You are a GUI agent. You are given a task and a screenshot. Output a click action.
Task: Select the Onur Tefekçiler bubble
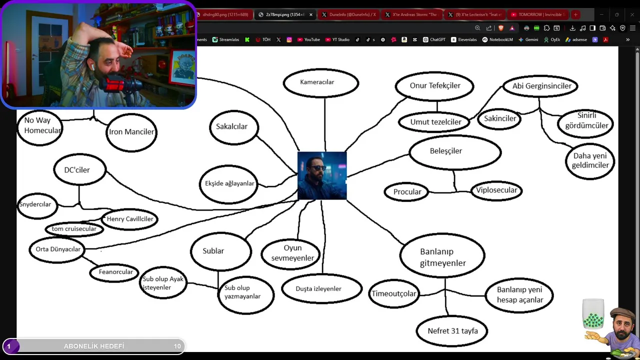tap(434, 85)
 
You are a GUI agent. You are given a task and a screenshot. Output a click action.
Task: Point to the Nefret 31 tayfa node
tap(452, 331)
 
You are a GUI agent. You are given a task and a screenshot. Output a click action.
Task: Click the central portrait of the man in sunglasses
tap(322, 175)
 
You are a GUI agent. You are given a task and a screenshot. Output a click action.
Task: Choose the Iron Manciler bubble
tap(131, 132)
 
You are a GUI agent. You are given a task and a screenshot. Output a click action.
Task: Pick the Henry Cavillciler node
tap(130, 219)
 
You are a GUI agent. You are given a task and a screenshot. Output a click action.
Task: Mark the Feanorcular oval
tap(115, 272)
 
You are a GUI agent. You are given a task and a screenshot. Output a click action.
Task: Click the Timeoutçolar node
tap(393, 293)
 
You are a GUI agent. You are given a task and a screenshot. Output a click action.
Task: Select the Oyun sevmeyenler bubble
tap(292, 253)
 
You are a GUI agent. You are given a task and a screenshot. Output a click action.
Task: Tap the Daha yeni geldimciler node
tap(590, 161)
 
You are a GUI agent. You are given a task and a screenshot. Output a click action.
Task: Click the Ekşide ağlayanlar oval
tap(229, 184)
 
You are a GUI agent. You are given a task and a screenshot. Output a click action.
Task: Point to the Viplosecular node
tap(496, 190)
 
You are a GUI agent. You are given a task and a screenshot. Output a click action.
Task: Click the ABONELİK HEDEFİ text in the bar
tap(94, 346)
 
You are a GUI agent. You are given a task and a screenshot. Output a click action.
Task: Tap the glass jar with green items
tap(593, 314)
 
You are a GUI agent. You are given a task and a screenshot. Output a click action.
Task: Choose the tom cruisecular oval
tap(74, 229)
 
